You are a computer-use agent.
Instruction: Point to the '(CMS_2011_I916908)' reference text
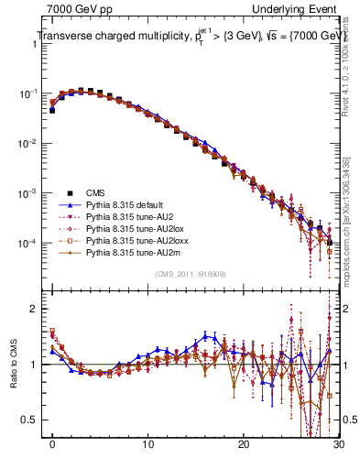[191, 275]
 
